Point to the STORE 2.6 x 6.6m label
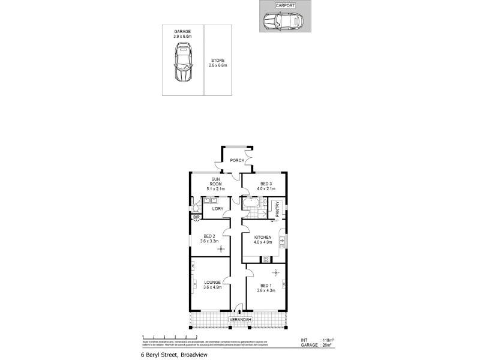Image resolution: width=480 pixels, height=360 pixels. (218, 62)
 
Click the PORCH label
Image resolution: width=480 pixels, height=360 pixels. (238, 160)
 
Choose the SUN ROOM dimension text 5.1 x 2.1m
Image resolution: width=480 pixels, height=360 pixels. (216, 188)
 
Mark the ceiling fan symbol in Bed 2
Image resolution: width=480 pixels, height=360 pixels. (220, 248)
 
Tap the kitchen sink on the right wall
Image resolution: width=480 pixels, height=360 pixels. (281, 241)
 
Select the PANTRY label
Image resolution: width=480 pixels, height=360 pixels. (278, 209)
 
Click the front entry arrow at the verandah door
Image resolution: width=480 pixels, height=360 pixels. (239, 311)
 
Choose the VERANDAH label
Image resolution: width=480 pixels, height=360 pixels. (239, 320)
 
